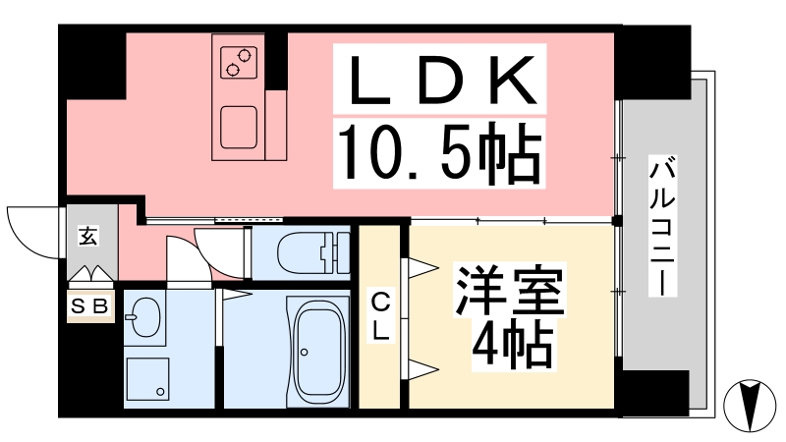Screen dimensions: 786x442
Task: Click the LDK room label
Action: pos(439,80)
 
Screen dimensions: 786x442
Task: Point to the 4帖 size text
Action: pos(511,344)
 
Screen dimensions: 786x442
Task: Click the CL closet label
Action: pos(380,317)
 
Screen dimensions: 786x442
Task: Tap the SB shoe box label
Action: pos(90,305)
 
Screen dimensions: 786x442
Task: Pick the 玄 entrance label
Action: pos(88,236)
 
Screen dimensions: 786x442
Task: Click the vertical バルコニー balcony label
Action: pos(662,226)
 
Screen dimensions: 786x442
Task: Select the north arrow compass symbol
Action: pos(750,405)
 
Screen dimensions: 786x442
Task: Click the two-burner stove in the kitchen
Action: pos(239,62)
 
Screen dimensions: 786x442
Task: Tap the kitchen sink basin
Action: pos(239,128)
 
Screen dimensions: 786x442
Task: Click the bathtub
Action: pos(317,352)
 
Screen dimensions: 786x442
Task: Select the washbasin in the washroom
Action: pos(144,317)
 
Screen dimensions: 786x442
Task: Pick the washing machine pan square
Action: pos(147,379)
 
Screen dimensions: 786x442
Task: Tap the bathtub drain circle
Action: pos(305,353)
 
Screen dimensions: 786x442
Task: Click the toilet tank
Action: pos(337,253)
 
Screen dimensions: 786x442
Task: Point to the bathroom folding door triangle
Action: pos(236,295)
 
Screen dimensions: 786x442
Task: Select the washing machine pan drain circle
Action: pos(160,391)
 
